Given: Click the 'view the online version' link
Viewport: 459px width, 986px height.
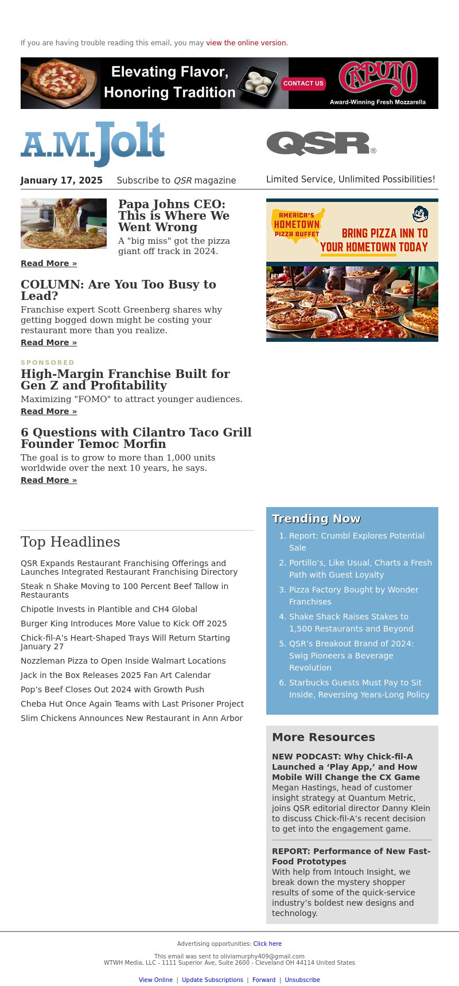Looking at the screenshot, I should click(247, 43).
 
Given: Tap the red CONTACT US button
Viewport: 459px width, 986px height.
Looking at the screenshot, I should click(304, 84).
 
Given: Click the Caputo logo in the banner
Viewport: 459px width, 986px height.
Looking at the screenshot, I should click(378, 78).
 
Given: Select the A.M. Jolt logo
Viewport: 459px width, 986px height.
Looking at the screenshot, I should click(93, 143).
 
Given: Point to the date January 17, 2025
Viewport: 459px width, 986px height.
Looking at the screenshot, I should click(61, 181).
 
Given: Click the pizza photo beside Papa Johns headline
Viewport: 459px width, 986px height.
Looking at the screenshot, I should click(64, 224).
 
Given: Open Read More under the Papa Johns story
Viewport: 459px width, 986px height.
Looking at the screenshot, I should click(49, 263).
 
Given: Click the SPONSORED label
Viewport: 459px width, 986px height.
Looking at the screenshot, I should click(48, 363).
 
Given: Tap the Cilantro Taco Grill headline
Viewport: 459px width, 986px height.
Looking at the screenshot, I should click(136, 438).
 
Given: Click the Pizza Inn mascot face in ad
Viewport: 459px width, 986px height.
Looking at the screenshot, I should click(421, 215).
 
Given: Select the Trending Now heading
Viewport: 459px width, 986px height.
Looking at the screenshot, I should click(316, 519).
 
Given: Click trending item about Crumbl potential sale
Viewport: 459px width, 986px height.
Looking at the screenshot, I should click(356, 541).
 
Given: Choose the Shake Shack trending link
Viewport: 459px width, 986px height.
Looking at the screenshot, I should click(351, 622).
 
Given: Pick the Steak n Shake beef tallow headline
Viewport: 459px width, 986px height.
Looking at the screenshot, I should click(125, 590).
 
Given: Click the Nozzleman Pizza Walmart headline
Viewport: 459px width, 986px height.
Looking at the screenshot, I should click(123, 661).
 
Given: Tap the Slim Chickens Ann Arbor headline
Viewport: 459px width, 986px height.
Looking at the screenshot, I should click(131, 718).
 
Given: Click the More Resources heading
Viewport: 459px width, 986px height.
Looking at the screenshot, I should click(323, 737).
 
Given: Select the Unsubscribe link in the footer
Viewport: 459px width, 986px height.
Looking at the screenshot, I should click(302, 980).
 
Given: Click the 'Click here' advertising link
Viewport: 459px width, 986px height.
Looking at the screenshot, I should click(267, 944).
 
